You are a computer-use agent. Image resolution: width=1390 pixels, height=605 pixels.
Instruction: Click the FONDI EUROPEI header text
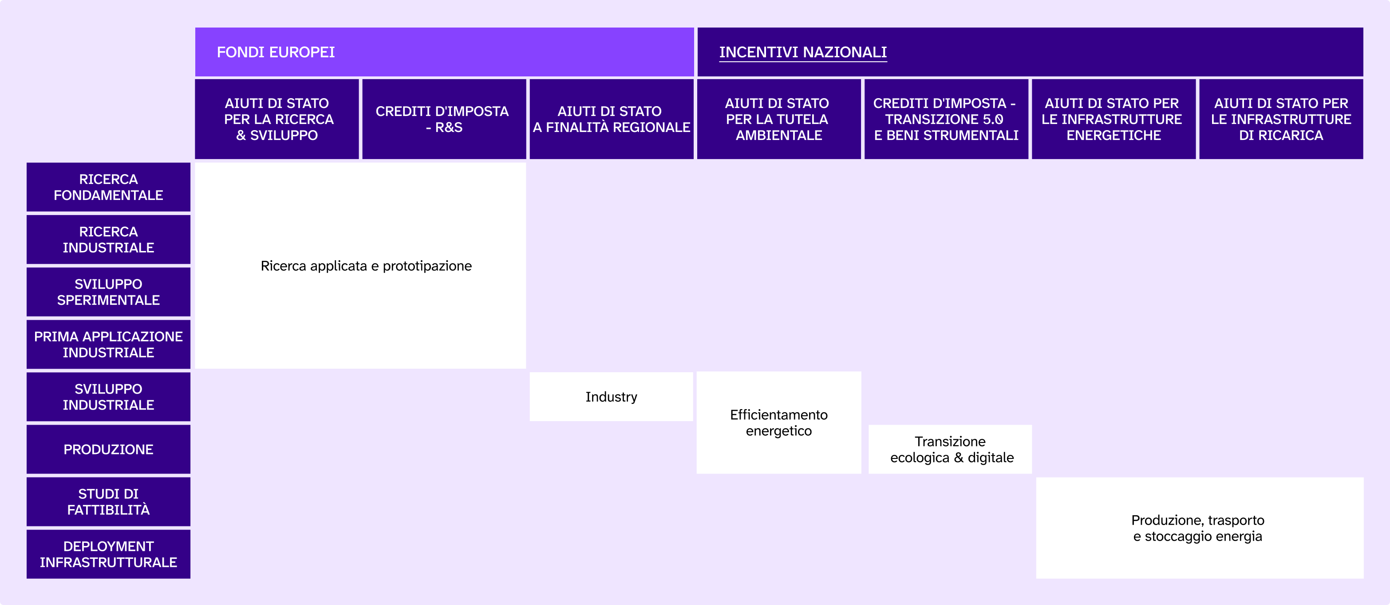point(276,52)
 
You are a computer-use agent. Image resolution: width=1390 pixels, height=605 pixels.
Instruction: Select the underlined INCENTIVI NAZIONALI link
point(802,52)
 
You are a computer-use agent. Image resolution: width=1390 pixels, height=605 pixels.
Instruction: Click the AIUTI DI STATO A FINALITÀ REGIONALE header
point(612,119)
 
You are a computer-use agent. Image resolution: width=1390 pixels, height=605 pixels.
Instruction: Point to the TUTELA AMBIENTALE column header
point(778,119)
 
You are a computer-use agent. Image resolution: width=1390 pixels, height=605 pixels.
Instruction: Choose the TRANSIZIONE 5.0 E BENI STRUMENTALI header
point(946,119)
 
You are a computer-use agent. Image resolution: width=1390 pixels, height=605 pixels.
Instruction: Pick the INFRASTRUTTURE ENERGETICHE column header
point(1113,119)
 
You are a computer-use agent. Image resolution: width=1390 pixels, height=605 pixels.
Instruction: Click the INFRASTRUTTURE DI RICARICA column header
point(1281,119)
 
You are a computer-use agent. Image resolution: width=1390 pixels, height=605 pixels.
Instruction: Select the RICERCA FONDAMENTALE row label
point(108,187)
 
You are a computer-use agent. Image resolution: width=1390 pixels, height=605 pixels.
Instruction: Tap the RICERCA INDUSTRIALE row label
point(108,239)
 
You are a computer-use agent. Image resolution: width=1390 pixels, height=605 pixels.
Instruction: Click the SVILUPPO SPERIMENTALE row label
point(108,292)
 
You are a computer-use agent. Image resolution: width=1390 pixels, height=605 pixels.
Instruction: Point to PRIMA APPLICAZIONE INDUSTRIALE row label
point(108,345)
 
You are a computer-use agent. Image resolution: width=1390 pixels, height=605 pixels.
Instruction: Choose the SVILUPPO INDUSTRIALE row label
point(108,397)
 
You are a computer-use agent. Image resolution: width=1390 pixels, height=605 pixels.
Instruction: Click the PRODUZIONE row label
point(108,450)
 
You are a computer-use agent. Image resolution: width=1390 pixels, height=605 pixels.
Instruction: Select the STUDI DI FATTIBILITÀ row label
point(108,502)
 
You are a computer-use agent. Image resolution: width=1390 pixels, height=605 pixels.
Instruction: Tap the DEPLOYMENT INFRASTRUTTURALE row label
point(108,554)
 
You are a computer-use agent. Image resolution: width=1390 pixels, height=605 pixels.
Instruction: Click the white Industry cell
point(612,397)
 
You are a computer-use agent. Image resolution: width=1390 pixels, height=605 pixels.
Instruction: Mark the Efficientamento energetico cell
point(778,423)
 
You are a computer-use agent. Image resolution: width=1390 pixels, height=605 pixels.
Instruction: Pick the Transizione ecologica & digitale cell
point(950,450)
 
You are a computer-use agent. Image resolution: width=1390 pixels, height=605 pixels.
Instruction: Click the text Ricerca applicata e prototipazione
point(366,266)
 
